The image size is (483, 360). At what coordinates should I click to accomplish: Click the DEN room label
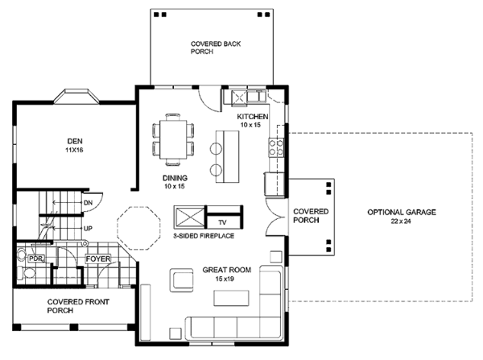pyautogui.click(x=75, y=141)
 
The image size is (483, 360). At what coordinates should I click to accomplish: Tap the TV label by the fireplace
pyautogui.click(x=222, y=222)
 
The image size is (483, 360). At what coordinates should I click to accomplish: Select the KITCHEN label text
pyautogui.click(x=253, y=117)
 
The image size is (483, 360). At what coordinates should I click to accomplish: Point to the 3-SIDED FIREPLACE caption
pyautogui.click(x=204, y=236)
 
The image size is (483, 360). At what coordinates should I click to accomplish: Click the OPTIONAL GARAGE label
pyautogui.click(x=402, y=212)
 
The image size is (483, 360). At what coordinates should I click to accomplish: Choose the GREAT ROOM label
pyautogui.click(x=227, y=270)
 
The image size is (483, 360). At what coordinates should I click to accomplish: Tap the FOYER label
pyautogui.click(x=98, y=259)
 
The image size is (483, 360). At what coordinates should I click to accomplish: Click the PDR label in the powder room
pyautogui.click(x=36, y=259)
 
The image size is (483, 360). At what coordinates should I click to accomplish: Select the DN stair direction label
pyautogui.click(x=88, y=203)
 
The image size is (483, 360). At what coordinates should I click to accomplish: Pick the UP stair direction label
pyautogui.click(x=88, y=229)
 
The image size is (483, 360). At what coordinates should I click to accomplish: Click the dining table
pyautogui.click(x=173, y=139)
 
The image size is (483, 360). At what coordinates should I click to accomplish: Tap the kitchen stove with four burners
pyautogui.click(x=276, y=147)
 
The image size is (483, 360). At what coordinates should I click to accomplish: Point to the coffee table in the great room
pyautogui.click(x=231, y=298)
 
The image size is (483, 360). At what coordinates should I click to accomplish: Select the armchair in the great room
pyautogui.click(x=181, y=279)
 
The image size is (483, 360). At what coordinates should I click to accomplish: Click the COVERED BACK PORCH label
pyautogui.click(x=216, y=48)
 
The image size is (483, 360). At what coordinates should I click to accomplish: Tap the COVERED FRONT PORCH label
pyautogui.click(x=78, y=306)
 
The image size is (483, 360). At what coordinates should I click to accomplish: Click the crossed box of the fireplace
pyautogui.click(x=189, y=217)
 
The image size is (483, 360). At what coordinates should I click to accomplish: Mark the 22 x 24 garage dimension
pyautogui.click(x=401, y=221)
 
